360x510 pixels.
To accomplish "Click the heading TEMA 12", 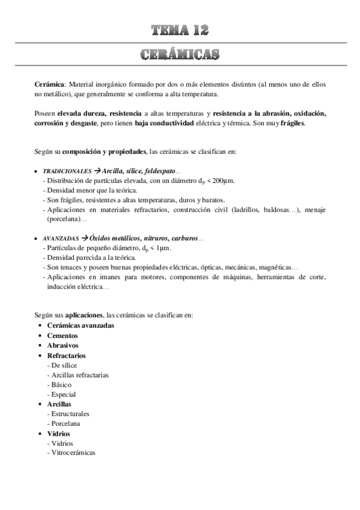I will pos(180,29).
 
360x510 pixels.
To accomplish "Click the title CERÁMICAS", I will pos(180,55).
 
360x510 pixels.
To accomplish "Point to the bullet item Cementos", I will pos(63,336).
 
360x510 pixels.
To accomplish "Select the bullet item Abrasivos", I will pos(63,345).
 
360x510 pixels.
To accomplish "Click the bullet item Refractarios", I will pos(66,355).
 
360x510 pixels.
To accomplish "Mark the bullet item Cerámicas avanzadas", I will pos(81,326).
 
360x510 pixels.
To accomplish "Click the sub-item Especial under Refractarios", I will pos(64,394).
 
